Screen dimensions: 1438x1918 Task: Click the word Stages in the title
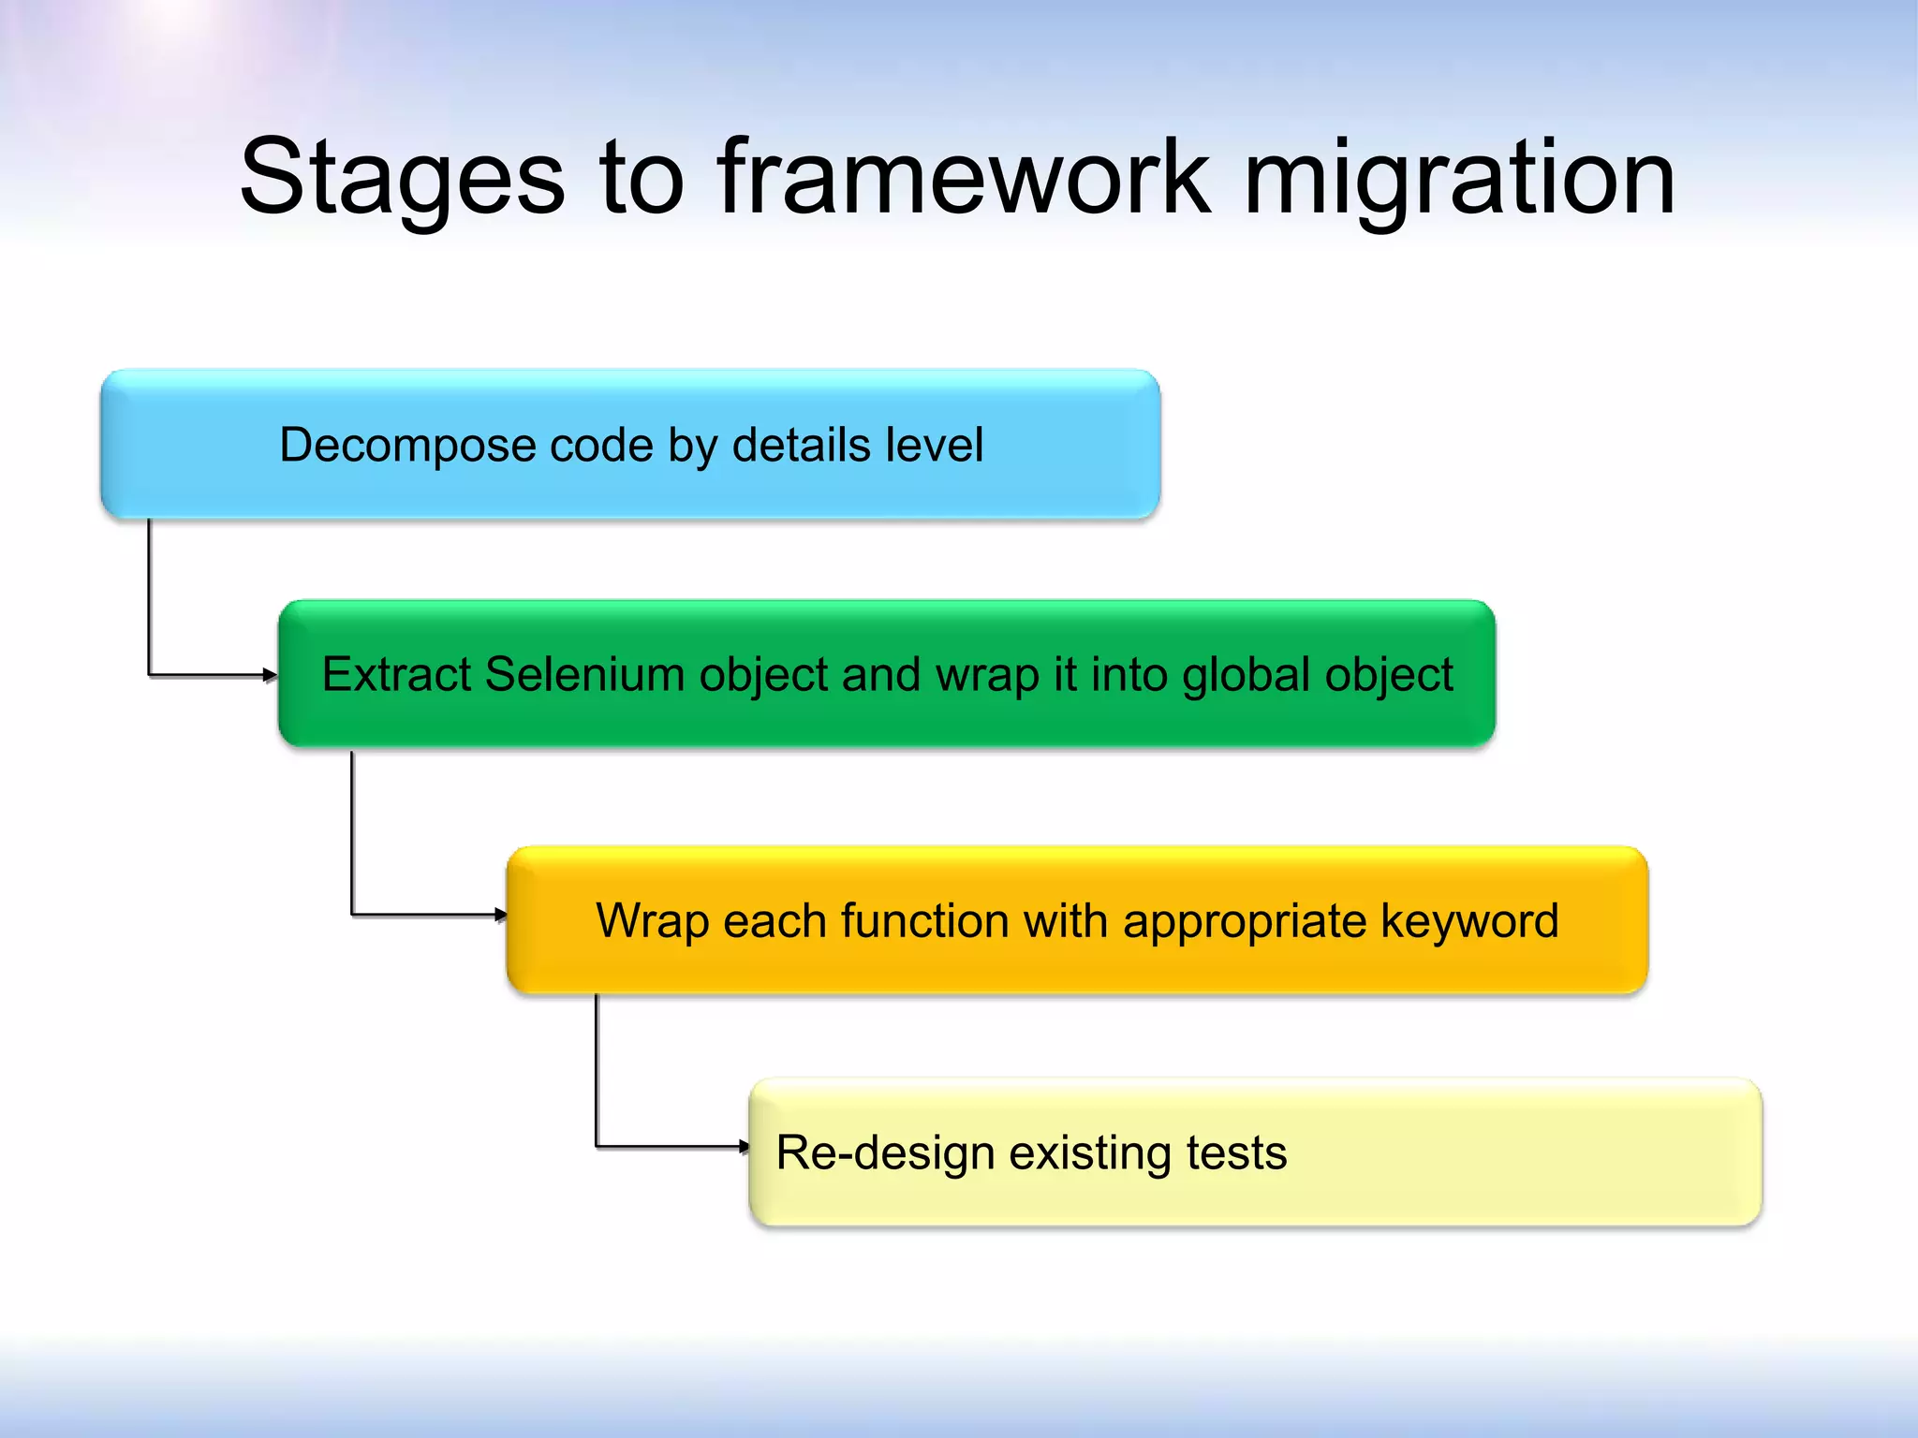(x=403, y=178)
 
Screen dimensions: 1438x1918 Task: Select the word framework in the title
(x=964, y=178)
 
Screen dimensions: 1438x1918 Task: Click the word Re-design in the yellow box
(x=884, y=1153)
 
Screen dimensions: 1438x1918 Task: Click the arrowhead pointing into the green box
(x=271, y=675)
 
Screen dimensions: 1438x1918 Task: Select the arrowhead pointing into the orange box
(x=501, y=915)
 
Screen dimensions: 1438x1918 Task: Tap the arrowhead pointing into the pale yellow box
(x=744, y=1146)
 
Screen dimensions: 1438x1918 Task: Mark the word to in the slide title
(x=641, y=178)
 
